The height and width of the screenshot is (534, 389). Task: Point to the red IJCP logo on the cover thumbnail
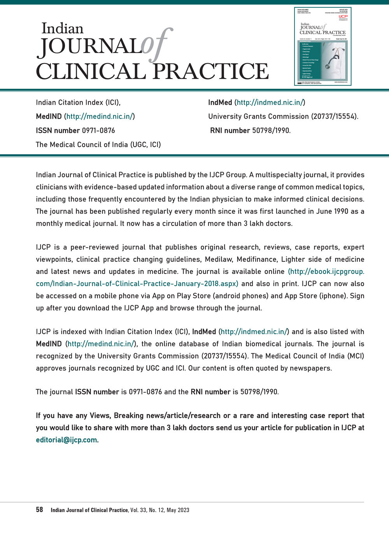pos(343,17)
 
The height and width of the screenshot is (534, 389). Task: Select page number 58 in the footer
pos(39,509)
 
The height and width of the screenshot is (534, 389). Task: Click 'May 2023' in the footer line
pos(178,510)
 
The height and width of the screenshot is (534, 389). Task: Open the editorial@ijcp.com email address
pos(67,440)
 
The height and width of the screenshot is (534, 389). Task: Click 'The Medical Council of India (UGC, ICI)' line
pos(98,144)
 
